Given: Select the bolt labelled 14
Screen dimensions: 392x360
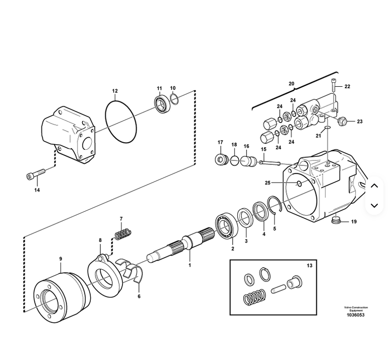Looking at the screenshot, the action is pos(36,174).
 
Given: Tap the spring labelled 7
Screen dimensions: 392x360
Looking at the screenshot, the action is pos(123,234).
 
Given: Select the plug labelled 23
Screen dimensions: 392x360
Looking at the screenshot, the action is pos(342,122).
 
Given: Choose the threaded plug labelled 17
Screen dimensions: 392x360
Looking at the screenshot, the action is pos(221,159).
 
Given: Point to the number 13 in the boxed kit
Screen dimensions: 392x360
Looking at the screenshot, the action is pos(309,265).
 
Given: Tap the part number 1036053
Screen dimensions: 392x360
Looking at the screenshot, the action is pos(356,315).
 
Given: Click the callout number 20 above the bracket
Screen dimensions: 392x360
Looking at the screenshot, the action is pos(292,84).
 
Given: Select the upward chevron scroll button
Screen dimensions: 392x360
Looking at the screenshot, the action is pos(374,186).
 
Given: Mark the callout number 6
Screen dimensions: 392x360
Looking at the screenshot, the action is pos(139,296).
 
